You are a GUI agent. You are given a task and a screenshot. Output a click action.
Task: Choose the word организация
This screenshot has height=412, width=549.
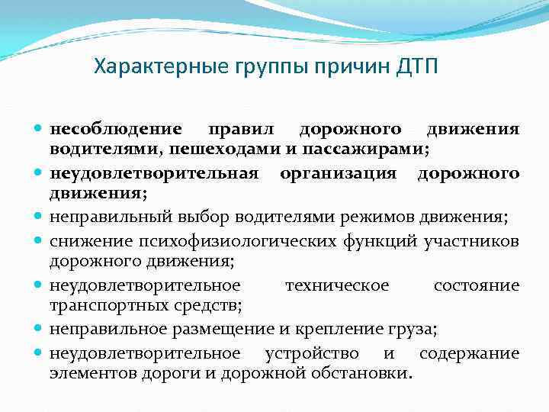click(338, 173)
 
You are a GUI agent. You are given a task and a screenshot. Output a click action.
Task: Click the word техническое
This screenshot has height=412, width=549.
click(336, 285)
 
